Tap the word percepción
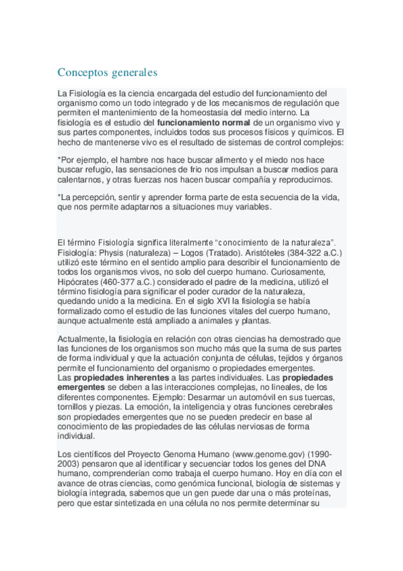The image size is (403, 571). point(95,197)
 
